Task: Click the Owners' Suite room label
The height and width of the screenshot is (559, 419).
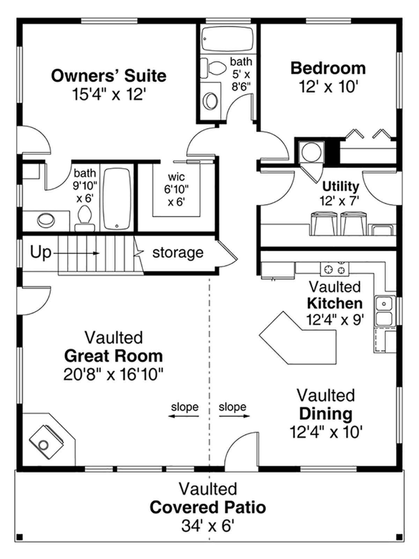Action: coord(109,76)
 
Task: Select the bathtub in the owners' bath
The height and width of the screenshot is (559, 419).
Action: coord(117,199)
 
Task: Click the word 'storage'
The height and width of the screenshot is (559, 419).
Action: coord(178,253)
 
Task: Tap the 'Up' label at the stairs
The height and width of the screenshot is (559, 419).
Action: coord(40,252)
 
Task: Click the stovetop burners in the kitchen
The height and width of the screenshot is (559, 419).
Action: coord(335,268)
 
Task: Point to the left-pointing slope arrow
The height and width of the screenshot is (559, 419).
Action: coord(184,416)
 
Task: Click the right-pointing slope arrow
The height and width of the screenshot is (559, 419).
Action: coord(235,416)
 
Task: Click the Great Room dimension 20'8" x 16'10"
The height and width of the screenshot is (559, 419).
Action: coord(113,375)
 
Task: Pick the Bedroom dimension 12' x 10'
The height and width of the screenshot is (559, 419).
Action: coord(328,86)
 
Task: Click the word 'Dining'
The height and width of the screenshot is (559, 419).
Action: coord(325,414)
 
